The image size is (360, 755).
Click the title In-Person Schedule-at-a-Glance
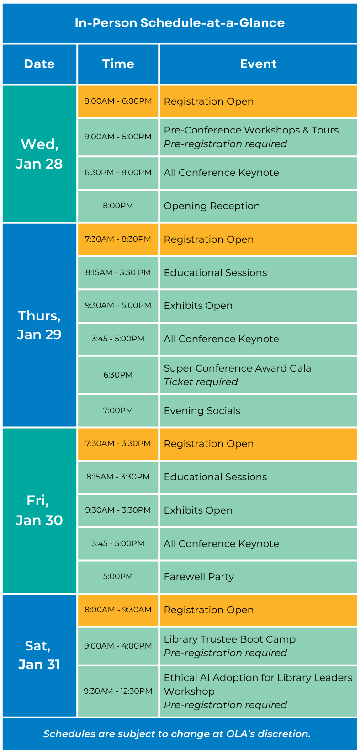point(180,23)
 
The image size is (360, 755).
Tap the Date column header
point(39,64)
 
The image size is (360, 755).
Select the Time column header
point(118,64)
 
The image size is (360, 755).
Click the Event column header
point(258,64)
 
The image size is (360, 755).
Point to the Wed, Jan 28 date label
point(39,154)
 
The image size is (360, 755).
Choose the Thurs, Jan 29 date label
point(39,325)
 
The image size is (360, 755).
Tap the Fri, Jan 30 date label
point(39,510)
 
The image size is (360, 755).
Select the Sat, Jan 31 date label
point(39,655)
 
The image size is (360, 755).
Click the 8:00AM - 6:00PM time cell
point(118,101)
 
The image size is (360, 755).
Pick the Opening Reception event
point(212,206)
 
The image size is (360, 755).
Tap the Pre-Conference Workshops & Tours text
point(251,130)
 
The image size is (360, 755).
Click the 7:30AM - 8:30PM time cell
point(118,239)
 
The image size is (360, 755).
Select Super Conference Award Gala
point(237,368)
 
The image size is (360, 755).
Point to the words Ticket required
point(201,382)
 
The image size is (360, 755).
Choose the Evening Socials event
point(202,410)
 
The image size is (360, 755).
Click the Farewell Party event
point(199,577)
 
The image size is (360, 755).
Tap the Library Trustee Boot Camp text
point(229,639)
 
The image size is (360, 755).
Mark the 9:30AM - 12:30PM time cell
point(118,691)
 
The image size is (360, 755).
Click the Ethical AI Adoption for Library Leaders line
point(258,677)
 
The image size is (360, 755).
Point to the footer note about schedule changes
point(177,734)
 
